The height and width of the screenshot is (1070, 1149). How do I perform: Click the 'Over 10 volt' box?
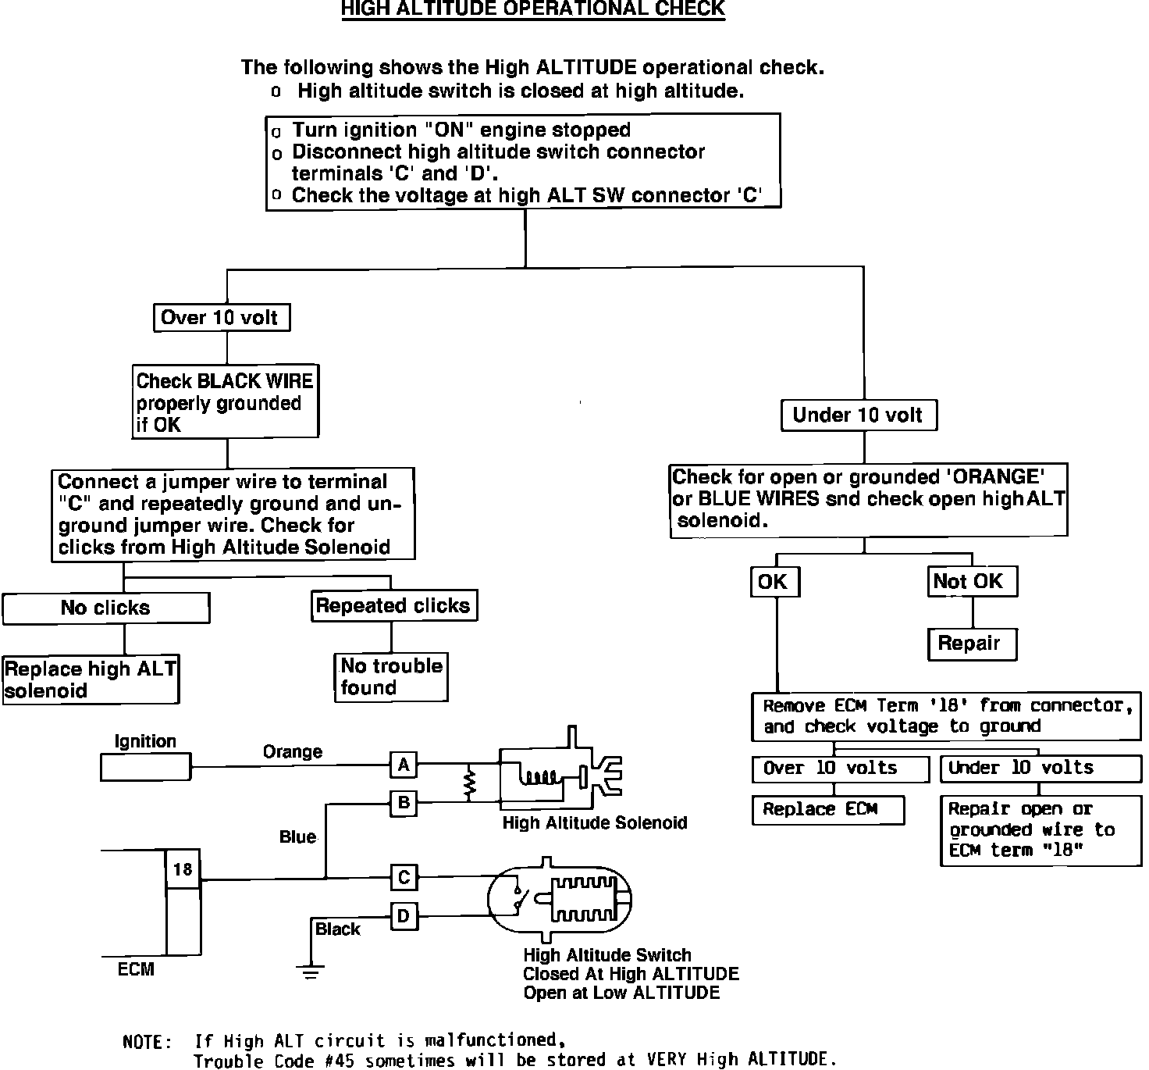pos(221,318)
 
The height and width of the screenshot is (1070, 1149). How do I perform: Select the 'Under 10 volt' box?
pos(859,416)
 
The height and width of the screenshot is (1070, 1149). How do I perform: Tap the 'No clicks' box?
pos(105,608)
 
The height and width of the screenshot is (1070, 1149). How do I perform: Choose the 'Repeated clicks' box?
pos(393,606)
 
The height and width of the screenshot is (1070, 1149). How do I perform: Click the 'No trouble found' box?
pos(391,677)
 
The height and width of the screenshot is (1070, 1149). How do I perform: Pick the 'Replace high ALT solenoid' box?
pos(91,680)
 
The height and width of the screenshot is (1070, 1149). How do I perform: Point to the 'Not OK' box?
pos(973,582)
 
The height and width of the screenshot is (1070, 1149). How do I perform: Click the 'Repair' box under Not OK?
pos(972,644)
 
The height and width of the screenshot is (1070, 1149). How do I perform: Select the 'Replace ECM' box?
pos(827,810)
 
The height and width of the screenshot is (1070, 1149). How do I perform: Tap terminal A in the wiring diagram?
pos(404,765)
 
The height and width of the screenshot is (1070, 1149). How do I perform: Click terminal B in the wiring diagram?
pos(404,803)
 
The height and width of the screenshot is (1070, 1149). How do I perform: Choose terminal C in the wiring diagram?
pos(404,877)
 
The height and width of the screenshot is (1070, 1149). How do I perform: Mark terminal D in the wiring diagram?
pos(404,916)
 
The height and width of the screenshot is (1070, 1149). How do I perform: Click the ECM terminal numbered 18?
pos(183,870)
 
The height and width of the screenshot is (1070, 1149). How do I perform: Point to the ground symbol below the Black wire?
pos(311,972)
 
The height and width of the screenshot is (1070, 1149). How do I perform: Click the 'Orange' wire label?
pos(292,752)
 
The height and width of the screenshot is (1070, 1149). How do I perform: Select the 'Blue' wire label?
pos(297,837)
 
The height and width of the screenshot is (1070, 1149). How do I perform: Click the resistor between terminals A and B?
pos(470,784)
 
